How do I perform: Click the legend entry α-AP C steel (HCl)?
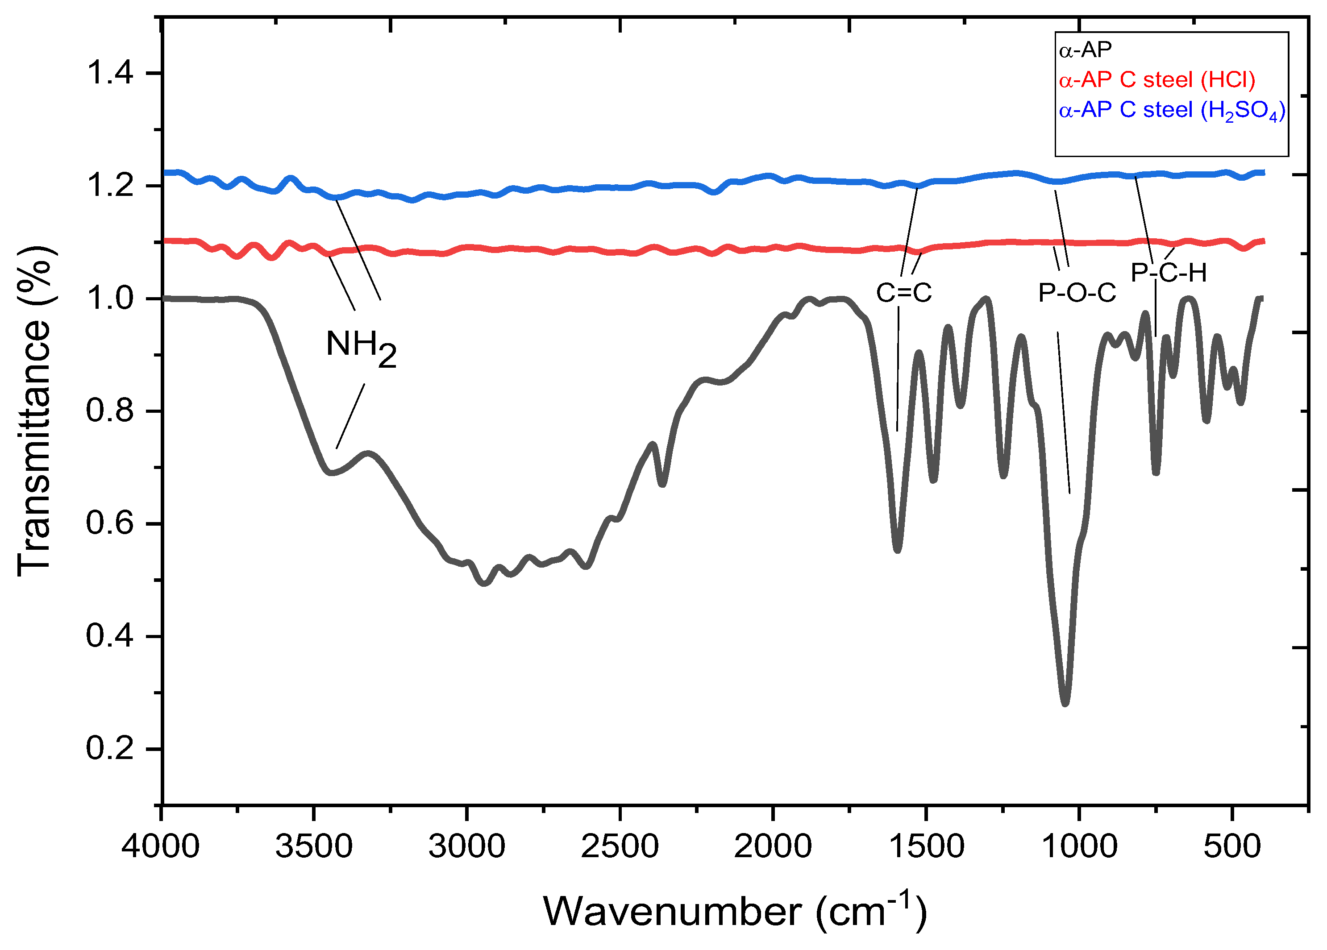pos(1157,80)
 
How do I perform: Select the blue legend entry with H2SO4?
pos(1172,111)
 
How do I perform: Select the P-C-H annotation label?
pos(1169,273)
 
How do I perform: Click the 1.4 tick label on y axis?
pos(109,74)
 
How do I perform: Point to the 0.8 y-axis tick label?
pos(109,411)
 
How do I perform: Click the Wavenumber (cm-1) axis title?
pos(735,911)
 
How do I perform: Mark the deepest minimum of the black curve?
pos(1065,702)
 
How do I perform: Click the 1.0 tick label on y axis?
pos(109,299)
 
